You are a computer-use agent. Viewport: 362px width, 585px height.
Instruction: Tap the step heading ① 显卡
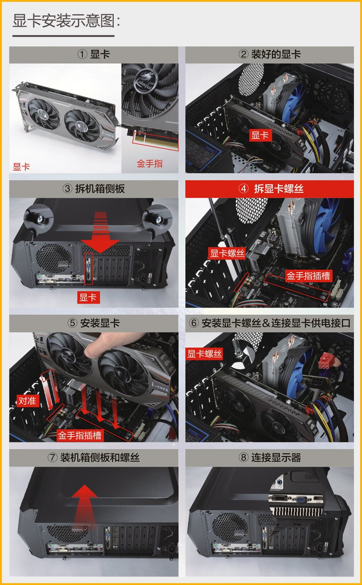[x=94, y=54]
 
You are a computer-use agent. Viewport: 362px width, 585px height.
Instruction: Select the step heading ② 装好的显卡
[x=269, y=54]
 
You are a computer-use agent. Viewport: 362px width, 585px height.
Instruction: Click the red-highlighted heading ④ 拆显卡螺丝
[x=271, y=189]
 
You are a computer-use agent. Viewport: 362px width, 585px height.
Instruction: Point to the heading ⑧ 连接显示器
[x=269, y=457]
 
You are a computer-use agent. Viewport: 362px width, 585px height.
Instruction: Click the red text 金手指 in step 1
[x=150, y=164]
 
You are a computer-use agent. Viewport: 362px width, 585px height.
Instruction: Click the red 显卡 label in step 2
[x=260, y=135]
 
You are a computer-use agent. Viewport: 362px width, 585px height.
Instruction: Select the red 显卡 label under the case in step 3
[x=88, y=297]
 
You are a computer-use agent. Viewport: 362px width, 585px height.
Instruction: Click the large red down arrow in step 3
[x=100, y=233]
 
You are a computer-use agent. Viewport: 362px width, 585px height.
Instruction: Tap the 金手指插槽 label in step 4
[x=309, y=276]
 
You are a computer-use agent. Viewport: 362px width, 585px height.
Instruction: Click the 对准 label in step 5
[x=28, y=401]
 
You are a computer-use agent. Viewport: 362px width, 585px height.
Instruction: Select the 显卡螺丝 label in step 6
[x=204, y=354]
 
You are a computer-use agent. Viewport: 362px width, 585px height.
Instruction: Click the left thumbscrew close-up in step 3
[x=39, y=219]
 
